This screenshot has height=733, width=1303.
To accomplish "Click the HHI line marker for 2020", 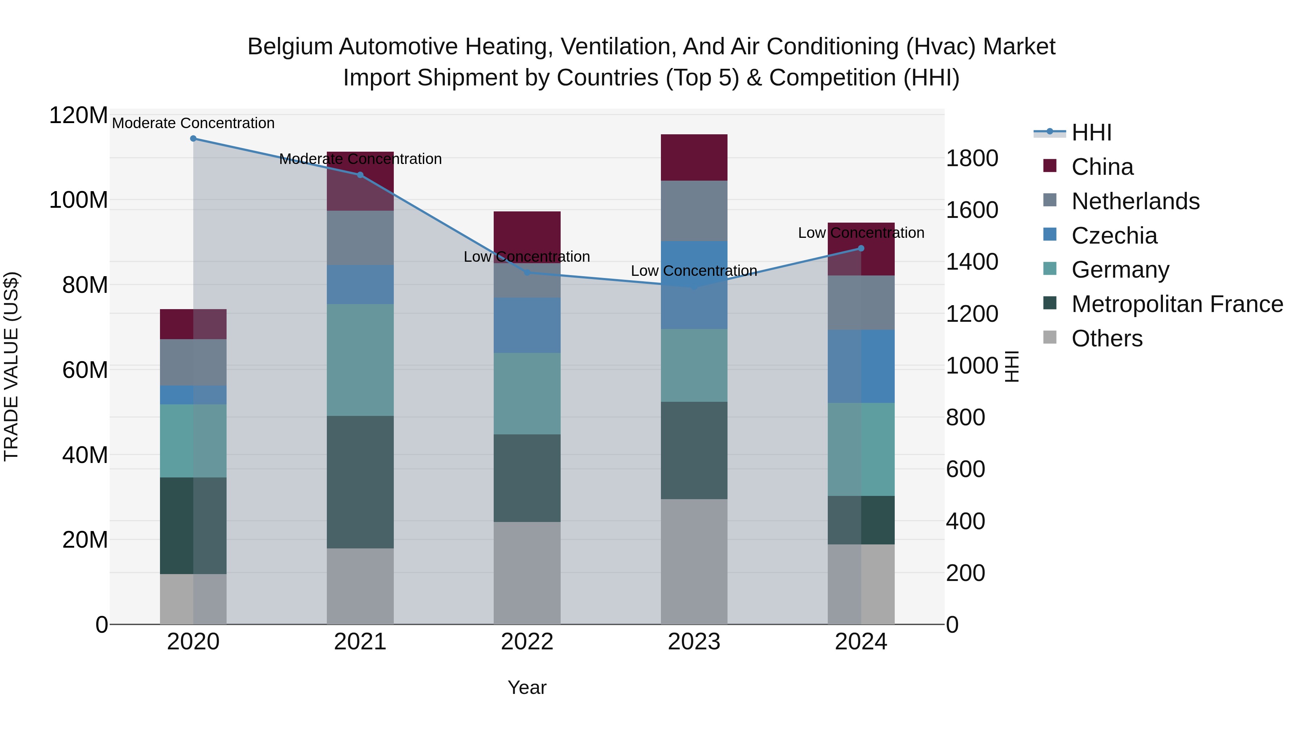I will [193, 139].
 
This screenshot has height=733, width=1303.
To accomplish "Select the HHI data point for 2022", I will [527, 273].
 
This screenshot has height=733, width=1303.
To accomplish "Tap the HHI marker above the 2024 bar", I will [861, 248].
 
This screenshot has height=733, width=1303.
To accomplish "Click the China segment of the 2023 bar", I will [694, 157].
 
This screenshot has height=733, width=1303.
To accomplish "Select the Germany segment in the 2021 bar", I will [360, 360].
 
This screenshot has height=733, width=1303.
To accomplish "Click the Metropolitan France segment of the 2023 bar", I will [694, 450].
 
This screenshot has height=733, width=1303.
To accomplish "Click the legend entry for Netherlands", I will [1135, 201].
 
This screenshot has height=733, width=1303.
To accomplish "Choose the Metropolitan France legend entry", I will [1177, 304].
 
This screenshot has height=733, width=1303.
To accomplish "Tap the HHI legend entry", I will [1091, 132].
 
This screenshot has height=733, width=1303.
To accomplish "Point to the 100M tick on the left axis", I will [79, 200].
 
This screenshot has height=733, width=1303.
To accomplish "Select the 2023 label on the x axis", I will [694, 642].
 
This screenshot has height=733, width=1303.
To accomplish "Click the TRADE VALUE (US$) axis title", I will [11, 366].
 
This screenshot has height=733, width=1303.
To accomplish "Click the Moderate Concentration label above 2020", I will [193, 123].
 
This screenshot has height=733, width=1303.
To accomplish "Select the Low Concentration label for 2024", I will [861, 233].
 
